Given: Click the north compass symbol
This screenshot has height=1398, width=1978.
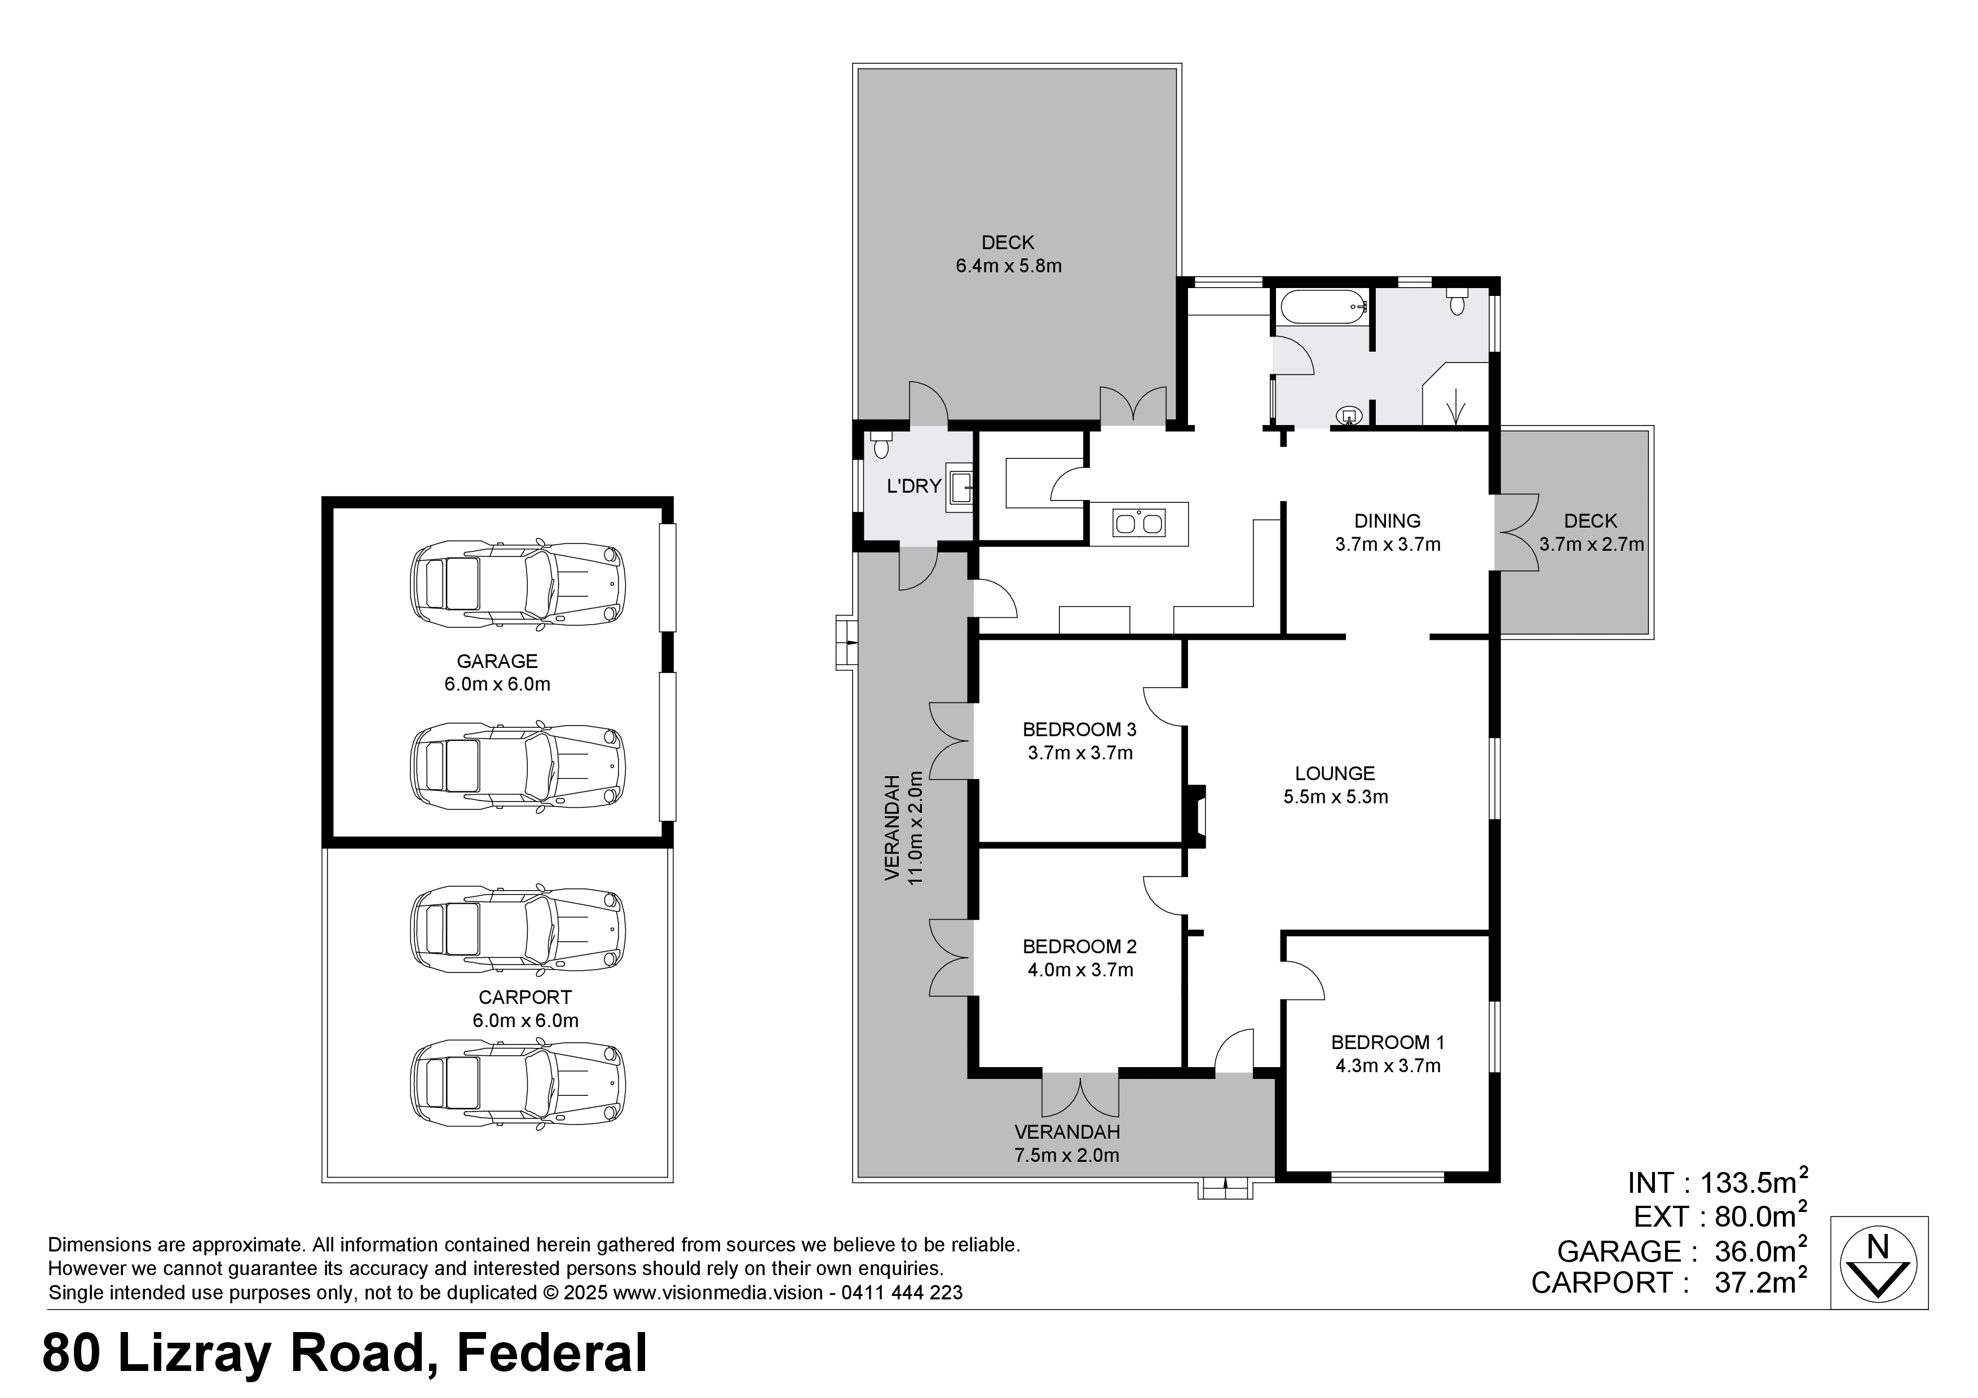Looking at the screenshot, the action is point(1878,1263).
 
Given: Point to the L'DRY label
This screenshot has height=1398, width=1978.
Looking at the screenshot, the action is point(914,486).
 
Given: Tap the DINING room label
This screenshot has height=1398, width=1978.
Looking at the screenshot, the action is point(1387,520).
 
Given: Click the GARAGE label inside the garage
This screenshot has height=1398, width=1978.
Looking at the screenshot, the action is point(497,661).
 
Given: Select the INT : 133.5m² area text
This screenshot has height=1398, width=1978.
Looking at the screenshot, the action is point(1717,1182).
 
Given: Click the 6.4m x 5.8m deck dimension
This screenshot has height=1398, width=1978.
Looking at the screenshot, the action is point(1008,266).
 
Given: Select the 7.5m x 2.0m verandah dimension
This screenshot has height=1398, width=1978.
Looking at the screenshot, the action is point(1067,1155).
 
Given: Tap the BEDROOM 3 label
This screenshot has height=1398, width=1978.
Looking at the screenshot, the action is point(1079,729).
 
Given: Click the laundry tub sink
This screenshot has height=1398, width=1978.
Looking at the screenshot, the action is point(960,488).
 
